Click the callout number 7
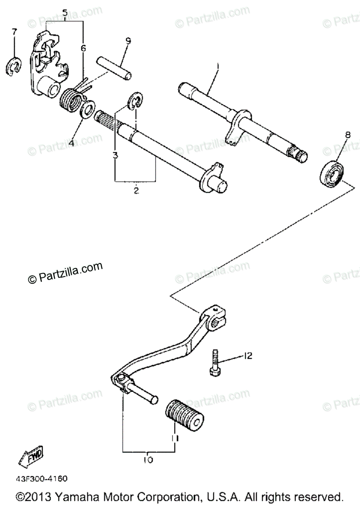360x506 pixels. pyautogui.click(x=14, y=32)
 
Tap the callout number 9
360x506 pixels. pyautogui.click(x=128, y=41)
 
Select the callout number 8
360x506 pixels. pyautogui.click(x=347, y=135)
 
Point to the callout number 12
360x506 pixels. pyautogui.click(x=247, y=356)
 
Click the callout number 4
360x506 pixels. pyautogui.click(x=71, y=143)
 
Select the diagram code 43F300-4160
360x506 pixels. pyautogui.click(x=42, y=479)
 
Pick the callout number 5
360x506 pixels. pyautogui.click(x=64, y=13)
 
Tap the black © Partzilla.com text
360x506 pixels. pyautogui.click(x=65, y=274)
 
